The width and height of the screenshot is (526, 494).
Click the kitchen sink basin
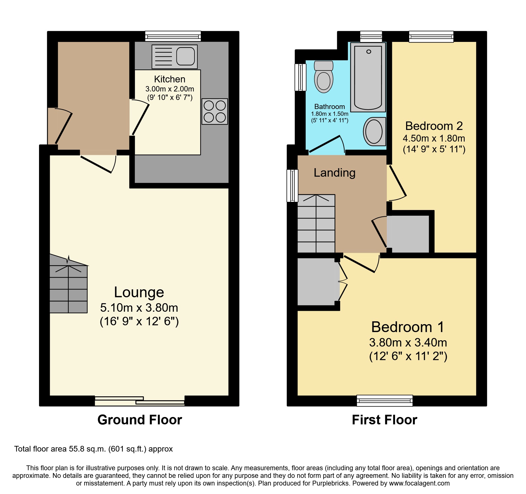pyautogui.click(x=186, y=56)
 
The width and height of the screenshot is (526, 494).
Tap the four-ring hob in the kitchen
pyautogui.click(x=215, y=111)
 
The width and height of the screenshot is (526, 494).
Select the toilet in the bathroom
pyautogui.click(x=324, y=77)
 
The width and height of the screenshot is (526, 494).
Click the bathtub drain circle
pyautogui.click(x=368, y=52)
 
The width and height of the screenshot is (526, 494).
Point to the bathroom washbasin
pyautogui.click(x=374, y=131)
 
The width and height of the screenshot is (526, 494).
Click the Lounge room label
pyautogui.click(x=139, y=292)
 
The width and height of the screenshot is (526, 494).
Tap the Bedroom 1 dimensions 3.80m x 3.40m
pyautogui.click(x=408, y=343)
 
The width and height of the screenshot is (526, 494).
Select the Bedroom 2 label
pyautogui.click(x=434, y=126)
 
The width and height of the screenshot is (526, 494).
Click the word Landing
pyautogui.click(x=335, y=173)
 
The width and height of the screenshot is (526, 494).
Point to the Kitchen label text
pyautogui.click(x=170, y=79)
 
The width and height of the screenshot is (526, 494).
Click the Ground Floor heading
pyautogui.click(x=140, y=420)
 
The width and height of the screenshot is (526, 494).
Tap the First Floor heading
pyautogui.click(x=384, y=420)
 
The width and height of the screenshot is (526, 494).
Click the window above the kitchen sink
pyautogui.click(x=173, y=36)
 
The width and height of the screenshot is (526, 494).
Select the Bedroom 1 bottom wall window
pyautogui.click(x=385, y=400)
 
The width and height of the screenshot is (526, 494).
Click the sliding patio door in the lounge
pyautogui.click(x=140, y=401)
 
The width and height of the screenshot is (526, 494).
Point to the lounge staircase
pyautogui.click(x=68, y=286)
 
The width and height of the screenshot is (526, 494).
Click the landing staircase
pyautogui.click(x=316, y=224)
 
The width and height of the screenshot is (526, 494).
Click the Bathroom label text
pyautogui.click(x=329, y=107)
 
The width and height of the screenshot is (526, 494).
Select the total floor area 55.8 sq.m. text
pyautogui.click(x=93, y=449)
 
